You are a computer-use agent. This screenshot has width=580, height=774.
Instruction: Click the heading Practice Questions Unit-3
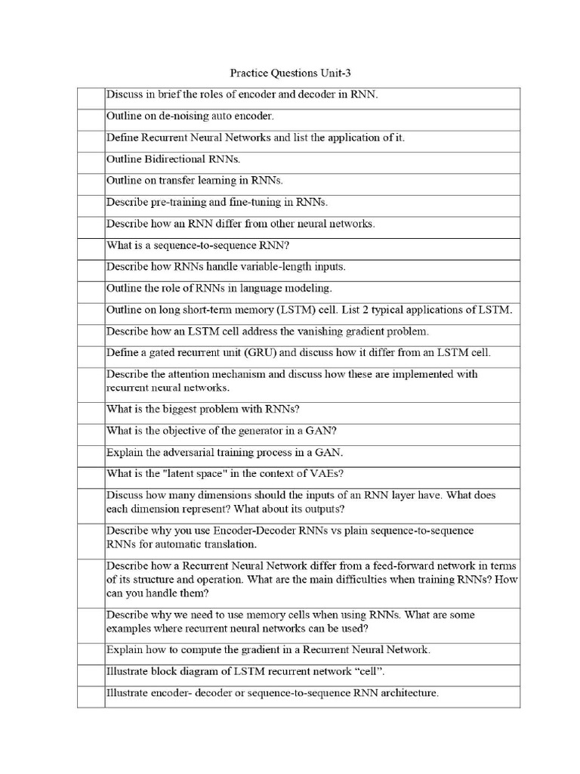point(290,73)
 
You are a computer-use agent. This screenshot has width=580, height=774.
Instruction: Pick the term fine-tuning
point(245,203)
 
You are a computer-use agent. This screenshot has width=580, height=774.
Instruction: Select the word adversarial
point(190,453)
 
